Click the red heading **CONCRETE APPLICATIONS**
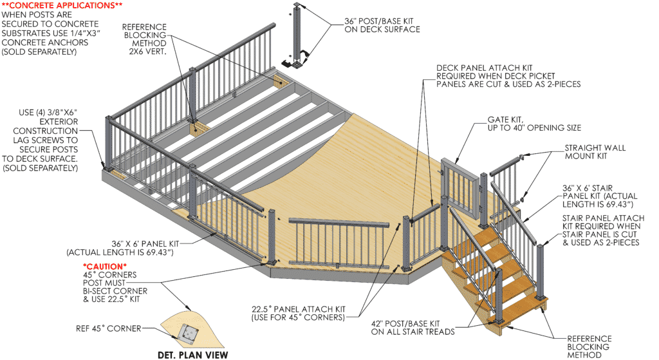tap(62, 5)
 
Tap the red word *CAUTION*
tap(105, 266)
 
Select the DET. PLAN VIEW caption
tap(193, 355)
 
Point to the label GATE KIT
tap(506, 119)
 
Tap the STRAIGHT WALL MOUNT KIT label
tap(595, 152)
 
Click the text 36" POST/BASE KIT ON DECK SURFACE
tap(382, 25)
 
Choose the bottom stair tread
tap(521, 311)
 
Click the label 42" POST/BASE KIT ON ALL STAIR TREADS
tap(413, 328)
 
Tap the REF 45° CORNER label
tap(108, 328)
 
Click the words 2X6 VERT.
tap(147, 52)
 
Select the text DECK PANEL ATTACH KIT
tap(484, 68)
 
